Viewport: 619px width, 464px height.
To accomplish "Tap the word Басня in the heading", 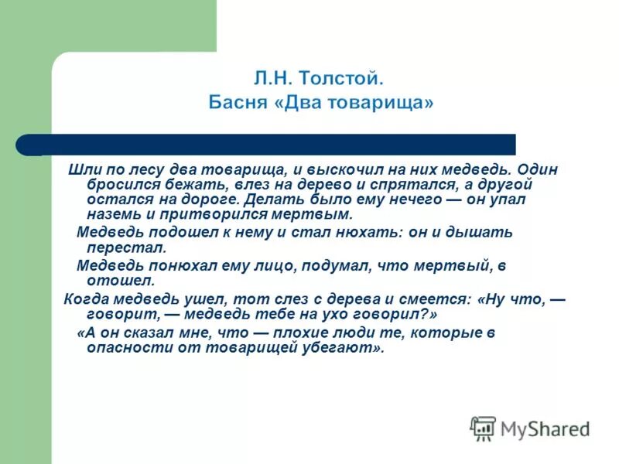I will click(236, 103).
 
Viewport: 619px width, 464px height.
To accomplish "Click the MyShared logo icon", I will click(483, 428).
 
